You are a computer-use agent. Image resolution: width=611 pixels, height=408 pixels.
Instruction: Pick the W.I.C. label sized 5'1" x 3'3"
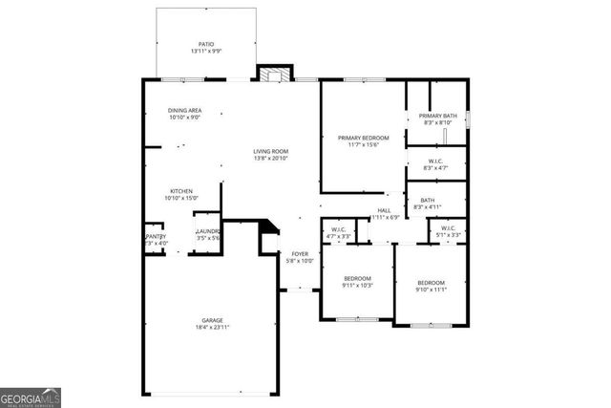447,230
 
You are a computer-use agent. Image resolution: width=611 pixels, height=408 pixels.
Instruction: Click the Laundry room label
208,233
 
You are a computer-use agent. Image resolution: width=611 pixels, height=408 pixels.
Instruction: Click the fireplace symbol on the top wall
274,75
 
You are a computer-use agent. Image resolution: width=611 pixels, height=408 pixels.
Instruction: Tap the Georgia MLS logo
31,396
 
